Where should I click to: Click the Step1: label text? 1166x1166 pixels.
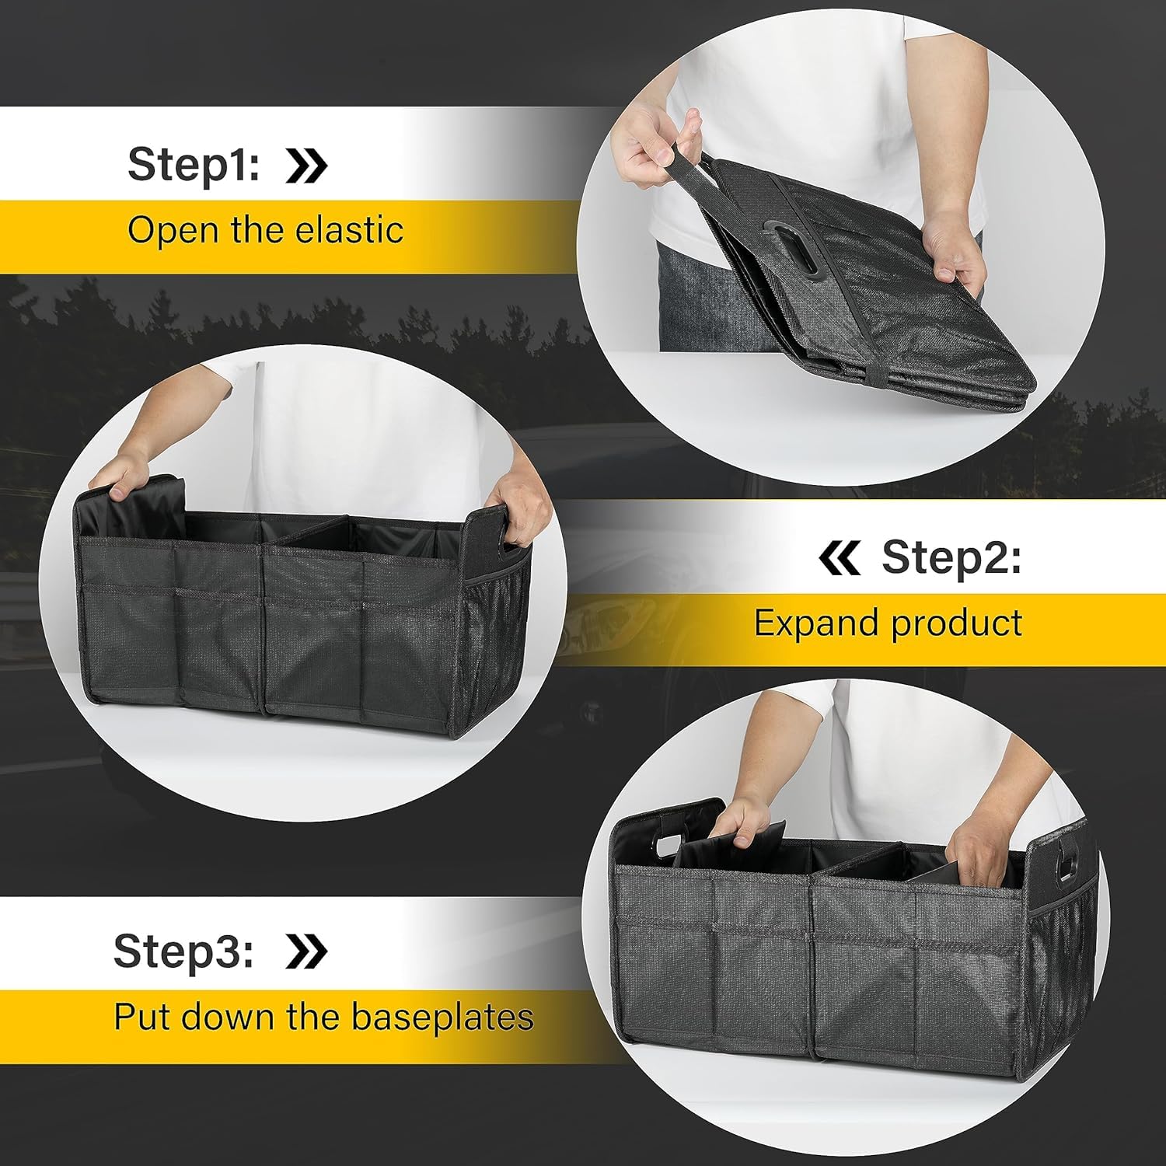click(194, 165)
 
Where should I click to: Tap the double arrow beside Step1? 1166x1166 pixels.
click(306, 165)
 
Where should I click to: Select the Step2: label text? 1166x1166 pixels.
click(951, 557)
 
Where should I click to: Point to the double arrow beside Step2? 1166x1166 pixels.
click(840, 558)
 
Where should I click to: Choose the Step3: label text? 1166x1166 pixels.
click(183, 950)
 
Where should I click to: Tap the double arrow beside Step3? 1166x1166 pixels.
click(306, 951)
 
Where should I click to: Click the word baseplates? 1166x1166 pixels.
click(442, 1017)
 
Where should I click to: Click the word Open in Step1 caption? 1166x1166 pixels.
click(159, 230)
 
